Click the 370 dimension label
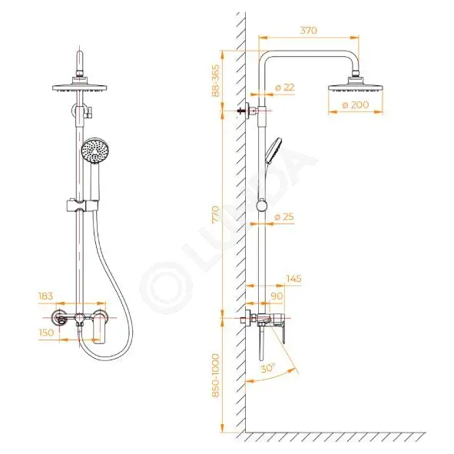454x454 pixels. pyautogui.click(x=308, y=31)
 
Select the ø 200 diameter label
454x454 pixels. pyautogui.click(x=356, y=104)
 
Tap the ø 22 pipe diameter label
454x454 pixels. pyautogui.click(x=285, y=88)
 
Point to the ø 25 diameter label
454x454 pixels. pyautogui.click(x=284, y=217)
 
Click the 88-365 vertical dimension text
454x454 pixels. pyautogui.click(x=216, y=81)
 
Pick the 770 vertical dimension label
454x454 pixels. pyautogui.click(x=216, y=214)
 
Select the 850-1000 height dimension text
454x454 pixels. pyautogui.click(x=216, y=375)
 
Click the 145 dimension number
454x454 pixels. pyautogui.click(x=294, y=279)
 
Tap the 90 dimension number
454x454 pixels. pyautogui.click(x=277, y=296)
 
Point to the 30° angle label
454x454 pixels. pyautogui.click(x=267, y=368)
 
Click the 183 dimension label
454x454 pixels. pyautogui.click(x=46, y=296)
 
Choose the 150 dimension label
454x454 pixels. pyautogui.click(x=46, y=333)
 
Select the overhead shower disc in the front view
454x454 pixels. pyautogui.click(x=80, y=87)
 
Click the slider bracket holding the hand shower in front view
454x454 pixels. pyautogui.click(x=82, y=206)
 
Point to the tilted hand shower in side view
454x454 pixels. pyautogui.click(x=273, y=151)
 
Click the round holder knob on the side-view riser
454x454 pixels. pyautogui.click(x=262, y=206)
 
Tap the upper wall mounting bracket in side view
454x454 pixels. pyautogui.click(x=247, y=111)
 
